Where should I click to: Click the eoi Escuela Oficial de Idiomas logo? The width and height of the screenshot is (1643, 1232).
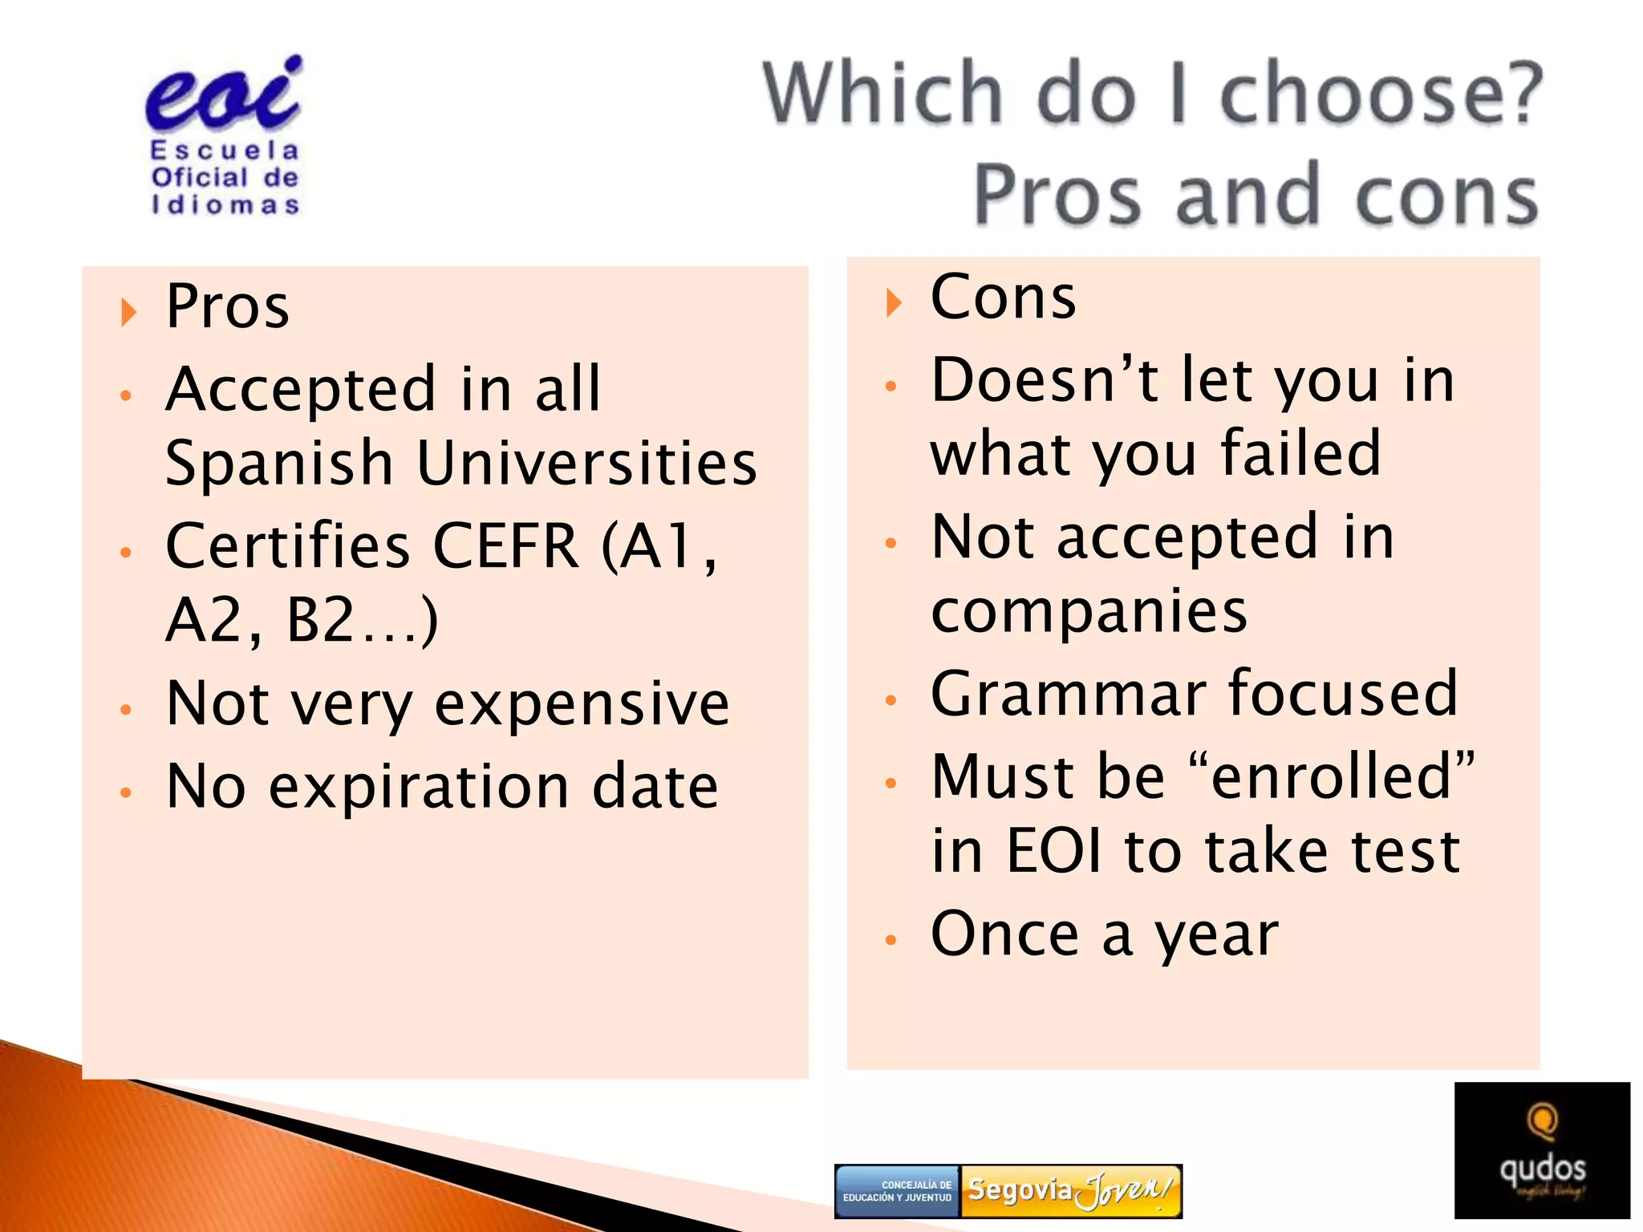pos(224,136)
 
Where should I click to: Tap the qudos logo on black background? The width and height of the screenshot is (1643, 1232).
pos(1541,1150)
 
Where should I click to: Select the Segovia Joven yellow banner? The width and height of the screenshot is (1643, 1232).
pos(1070,1190)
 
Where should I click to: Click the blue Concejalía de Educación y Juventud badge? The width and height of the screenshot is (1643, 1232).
pos(898,1191)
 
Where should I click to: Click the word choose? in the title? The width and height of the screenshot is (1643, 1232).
pos(1380,95)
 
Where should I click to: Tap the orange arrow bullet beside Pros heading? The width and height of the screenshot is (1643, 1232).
pos(128,311)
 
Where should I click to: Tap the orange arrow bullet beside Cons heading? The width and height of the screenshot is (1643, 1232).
pos(894,302)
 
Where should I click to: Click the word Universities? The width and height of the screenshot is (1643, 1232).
pos(587,464)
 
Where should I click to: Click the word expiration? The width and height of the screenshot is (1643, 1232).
pos(418,787)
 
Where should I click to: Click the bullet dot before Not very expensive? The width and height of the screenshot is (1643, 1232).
pos(126,709)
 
